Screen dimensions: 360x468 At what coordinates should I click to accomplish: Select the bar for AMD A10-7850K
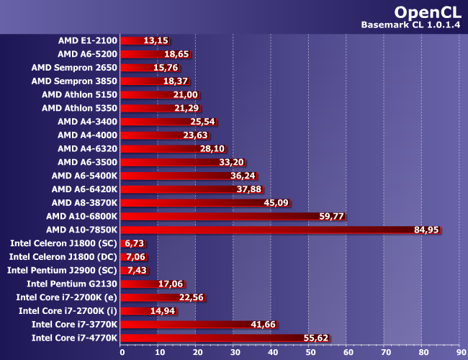click(274, 230)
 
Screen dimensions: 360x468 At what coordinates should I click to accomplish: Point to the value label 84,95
click(426, 230)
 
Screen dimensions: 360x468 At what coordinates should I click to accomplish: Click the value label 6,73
click(136, 243)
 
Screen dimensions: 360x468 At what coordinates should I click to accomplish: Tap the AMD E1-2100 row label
click(88, 40)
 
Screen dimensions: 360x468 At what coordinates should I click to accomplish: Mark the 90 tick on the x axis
click(458, 353)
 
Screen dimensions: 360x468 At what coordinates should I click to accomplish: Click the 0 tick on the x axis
click(121, 353)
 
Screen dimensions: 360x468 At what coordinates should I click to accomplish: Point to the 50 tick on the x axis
click(309, 353)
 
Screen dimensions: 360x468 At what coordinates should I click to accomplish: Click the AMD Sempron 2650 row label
click(75, 67)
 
